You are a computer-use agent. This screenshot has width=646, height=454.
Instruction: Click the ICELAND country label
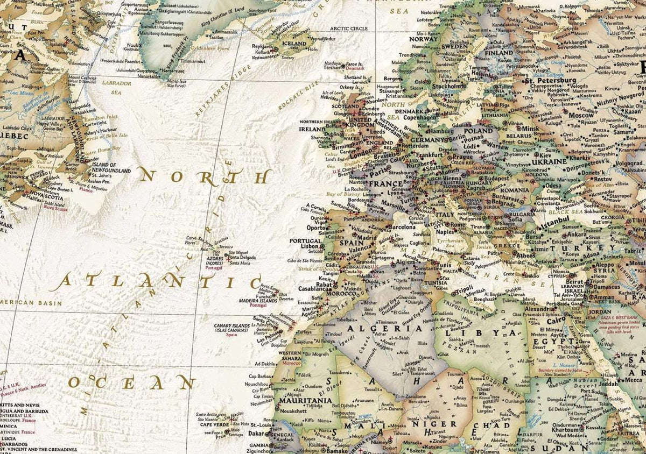coord(294,43)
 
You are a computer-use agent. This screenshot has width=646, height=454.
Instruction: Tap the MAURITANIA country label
coord(304,400)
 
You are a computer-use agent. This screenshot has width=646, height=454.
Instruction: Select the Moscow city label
coord(581,115)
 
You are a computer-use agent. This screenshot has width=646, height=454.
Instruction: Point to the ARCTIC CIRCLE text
coord(348,29)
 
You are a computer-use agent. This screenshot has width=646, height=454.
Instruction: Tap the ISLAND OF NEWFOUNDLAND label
coord(111,167)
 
